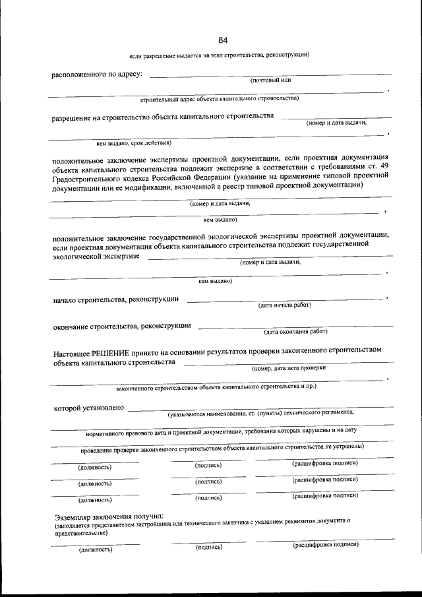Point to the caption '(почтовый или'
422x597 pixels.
point(271,80)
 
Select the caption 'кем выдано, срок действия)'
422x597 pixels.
point(134,142)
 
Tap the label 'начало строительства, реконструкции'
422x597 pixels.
point(115,299)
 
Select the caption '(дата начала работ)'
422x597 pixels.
point(284,305)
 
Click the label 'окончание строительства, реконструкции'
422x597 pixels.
point(122,326)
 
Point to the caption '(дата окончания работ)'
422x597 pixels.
point(295,331)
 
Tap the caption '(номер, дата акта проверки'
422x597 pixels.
point(289,368)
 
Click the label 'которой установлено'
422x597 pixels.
point(88,408)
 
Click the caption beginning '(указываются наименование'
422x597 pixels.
point(260,413)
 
